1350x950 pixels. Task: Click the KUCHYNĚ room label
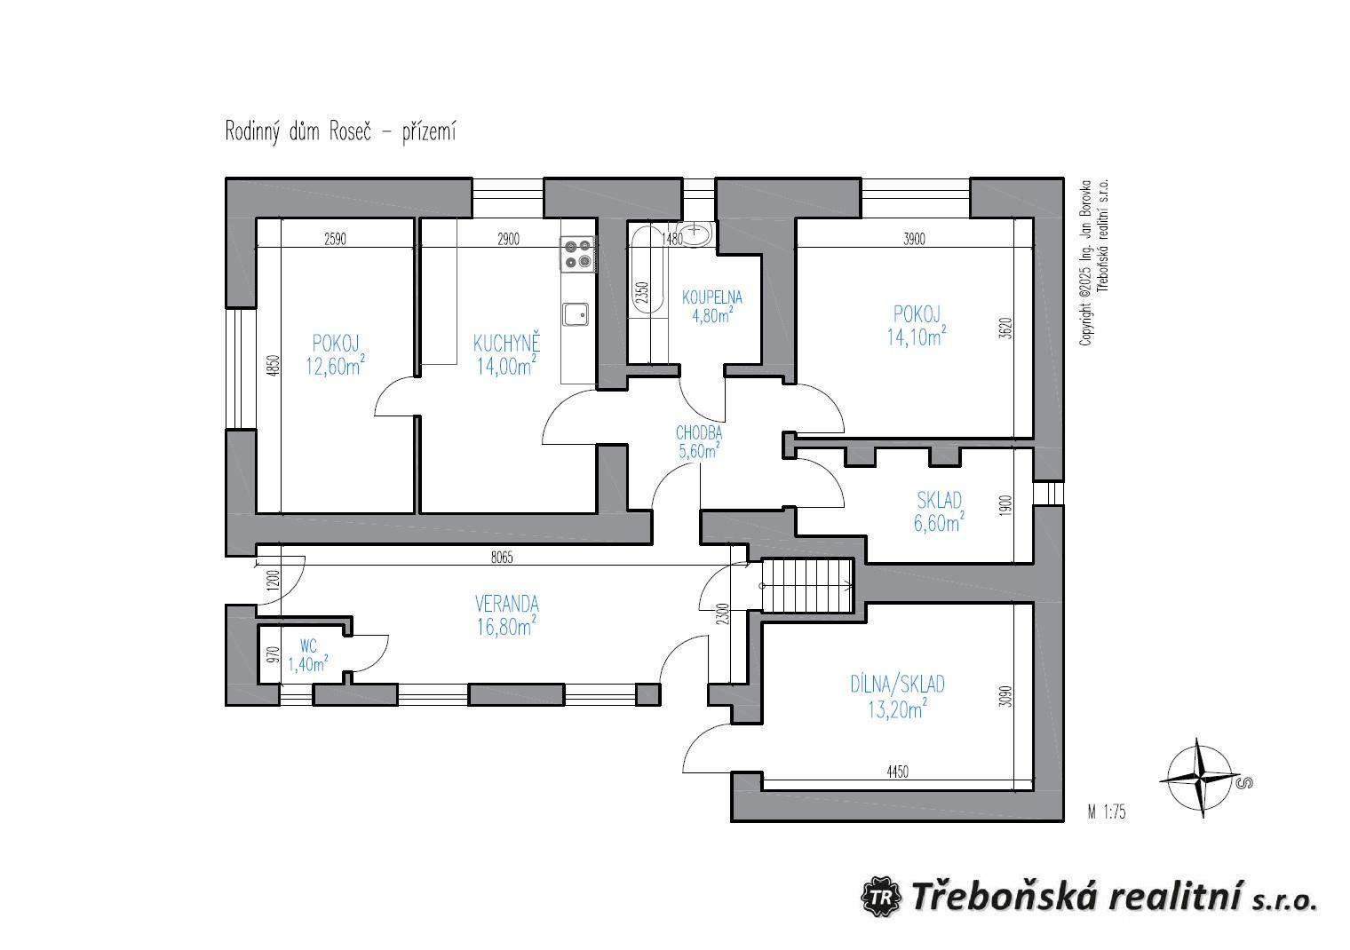point(506,344)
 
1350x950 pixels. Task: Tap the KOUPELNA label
point(711,297)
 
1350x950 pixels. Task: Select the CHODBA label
point(698,432)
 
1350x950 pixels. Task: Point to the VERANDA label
point(507,603)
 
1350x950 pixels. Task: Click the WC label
point(308,647)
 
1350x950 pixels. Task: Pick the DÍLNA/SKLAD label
point(897,684)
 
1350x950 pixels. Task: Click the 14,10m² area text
point(916,336)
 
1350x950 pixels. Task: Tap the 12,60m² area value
point(335,365)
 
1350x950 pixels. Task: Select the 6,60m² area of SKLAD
point(939,522)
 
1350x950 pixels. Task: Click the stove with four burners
point(578,254)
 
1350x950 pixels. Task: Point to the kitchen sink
point(576,314)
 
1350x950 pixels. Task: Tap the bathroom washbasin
point(698,234)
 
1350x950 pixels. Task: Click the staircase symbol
point(807,585)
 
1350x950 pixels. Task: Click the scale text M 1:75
point(1107,812)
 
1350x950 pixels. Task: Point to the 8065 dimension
point(502,558)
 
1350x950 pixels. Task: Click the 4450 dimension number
point(897,772)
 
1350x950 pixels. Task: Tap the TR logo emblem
point(880,898)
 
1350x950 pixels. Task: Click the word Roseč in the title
point(350,131)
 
